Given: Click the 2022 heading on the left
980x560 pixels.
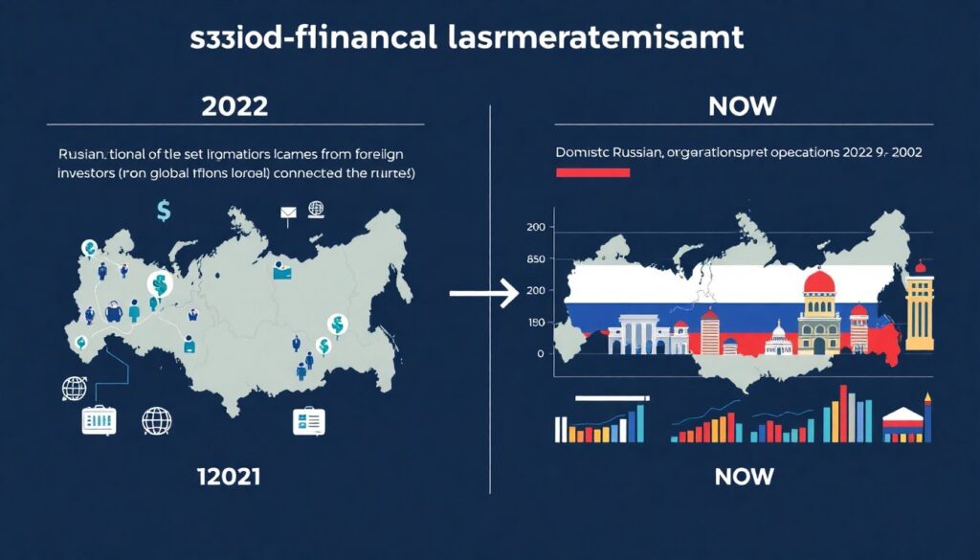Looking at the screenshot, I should click(234, 106).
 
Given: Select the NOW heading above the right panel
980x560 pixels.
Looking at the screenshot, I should click(744, 106).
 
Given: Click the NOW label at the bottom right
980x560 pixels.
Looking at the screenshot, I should click(744, 475).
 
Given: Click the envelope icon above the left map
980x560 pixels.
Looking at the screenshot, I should click(288, 213).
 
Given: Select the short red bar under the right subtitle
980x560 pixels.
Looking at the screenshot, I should click(592, 173).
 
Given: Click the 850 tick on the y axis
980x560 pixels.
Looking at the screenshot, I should click(535, 259).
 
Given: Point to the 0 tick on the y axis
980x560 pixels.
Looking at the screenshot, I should click(541, 354).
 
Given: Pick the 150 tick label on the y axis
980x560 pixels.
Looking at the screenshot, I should click(535, 323).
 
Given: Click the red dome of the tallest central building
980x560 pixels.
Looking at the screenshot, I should click(820, 284).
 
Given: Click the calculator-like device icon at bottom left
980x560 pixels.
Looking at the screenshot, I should click(99, 421).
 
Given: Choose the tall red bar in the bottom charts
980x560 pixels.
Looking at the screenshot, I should click(843, 414).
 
